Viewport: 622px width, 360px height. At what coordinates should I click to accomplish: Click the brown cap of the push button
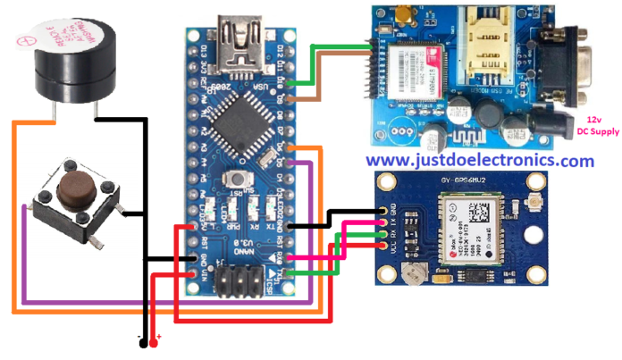71,188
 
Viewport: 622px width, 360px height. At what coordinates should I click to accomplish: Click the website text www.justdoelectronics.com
479,161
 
